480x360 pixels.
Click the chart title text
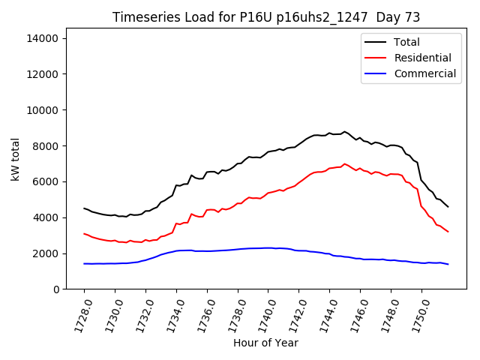point(266,17)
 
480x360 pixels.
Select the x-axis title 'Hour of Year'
point(265,343)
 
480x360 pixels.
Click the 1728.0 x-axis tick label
point(79,313)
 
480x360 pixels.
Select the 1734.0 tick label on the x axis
point(171,313)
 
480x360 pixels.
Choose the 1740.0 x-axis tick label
point(262,313)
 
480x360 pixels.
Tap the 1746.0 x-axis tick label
point(355,313)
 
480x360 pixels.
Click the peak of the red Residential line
point(344,163)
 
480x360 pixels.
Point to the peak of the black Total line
point(344,131)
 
